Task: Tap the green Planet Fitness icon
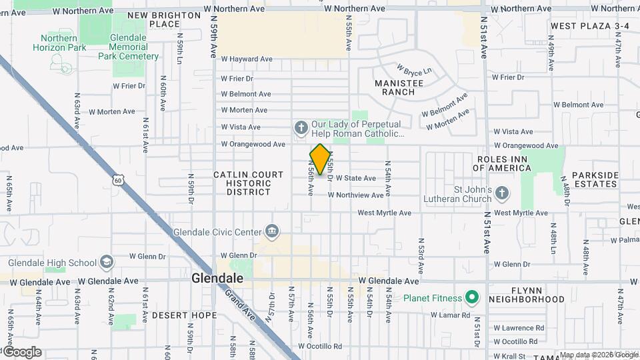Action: (x=472, y=296)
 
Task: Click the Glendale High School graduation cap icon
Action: (x=107, y=262)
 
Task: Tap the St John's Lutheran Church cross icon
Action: (x=502, y=193)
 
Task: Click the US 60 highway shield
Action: (x=118, y=180)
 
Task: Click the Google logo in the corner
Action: (x=21, y=351)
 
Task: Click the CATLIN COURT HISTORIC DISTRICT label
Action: (x=243, y=183)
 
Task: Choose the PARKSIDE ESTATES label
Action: (x=595, y=179)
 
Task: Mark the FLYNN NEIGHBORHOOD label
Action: (x=537, y=295)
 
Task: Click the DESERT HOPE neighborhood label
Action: (x=184, y=315)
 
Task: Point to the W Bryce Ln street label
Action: (x=414, y=70)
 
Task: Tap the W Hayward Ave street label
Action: (x=247, y=59)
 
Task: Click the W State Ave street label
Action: (x=355, y=179)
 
